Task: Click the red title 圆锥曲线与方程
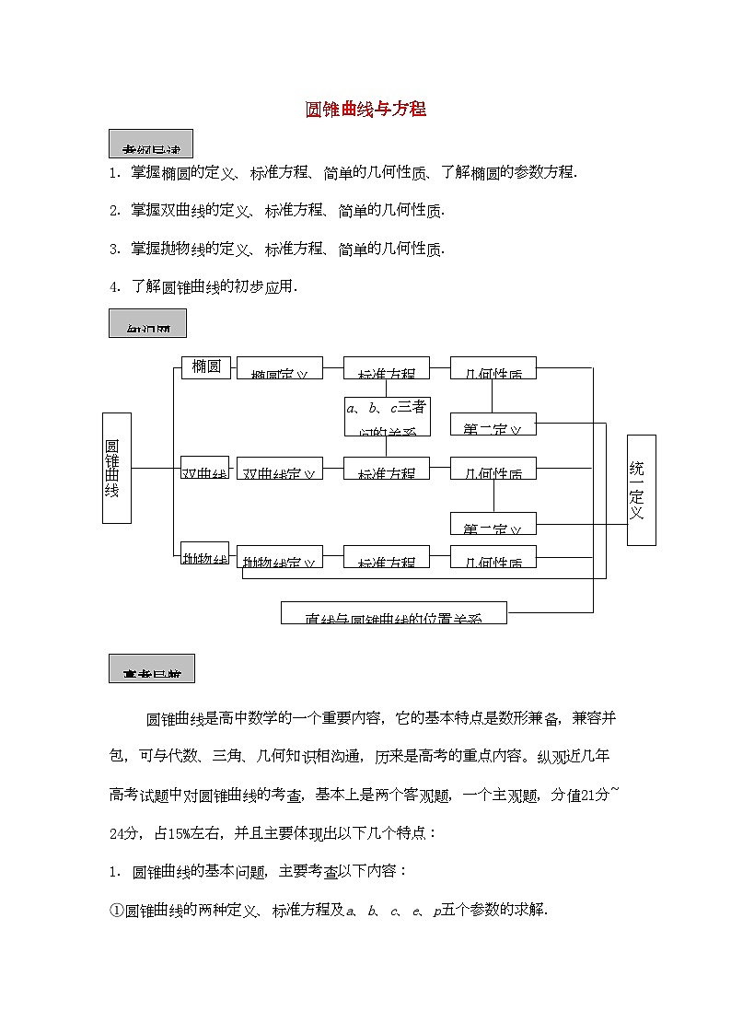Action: (365, 110)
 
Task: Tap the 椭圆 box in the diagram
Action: (205, 367)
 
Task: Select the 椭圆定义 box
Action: (280, 368)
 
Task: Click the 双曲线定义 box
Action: (280, 468)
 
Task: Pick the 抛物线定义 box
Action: (280, 556)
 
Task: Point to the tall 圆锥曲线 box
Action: (116, 468)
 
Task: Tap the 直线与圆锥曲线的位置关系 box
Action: (393, 613)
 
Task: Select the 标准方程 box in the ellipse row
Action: (386, 368)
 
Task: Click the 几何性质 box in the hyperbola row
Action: (493, 468)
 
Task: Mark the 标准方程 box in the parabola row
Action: (386, 556)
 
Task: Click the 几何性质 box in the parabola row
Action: (493, 556)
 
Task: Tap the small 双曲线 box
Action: (204, 468)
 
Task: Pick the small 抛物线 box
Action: (204, 553)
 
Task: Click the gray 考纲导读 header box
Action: (150, 144)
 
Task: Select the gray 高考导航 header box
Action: (151, 668)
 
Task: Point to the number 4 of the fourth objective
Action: (113, 287)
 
